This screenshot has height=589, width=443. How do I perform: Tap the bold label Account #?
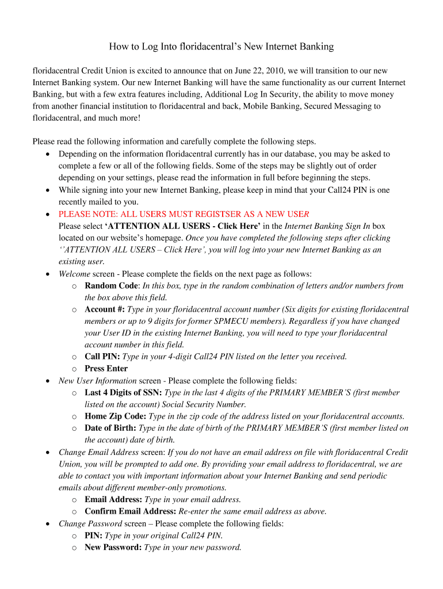coord(104,309)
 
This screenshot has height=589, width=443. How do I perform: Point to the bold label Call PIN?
coord(102,357)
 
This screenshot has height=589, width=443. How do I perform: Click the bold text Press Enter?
coord(106,369)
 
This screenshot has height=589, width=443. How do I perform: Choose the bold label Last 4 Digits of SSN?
coord(123,392)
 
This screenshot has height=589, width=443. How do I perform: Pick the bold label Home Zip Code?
coord(115,416)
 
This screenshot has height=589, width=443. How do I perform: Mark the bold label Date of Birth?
coord(110,428)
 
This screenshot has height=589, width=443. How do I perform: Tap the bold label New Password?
coord(113,547)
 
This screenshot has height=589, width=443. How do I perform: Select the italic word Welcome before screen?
coord(74,274)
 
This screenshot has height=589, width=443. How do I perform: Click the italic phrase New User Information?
coord(97,381)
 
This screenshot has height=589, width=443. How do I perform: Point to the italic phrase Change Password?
coord(90,523)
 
